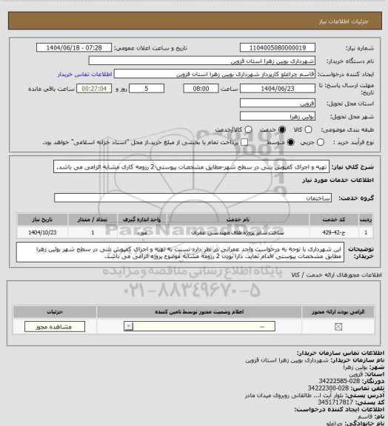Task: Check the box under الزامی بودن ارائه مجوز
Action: click(x=338, y=326)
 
